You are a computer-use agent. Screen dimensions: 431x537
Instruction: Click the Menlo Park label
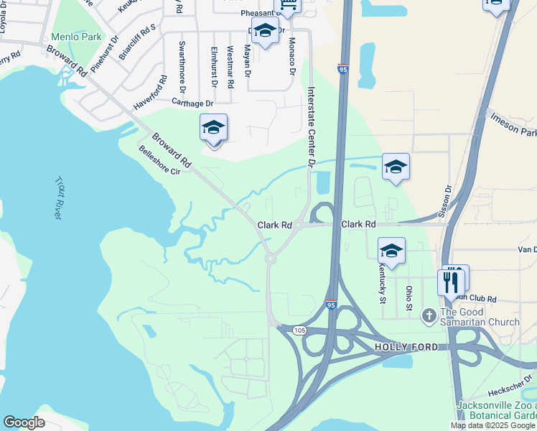[75, 37]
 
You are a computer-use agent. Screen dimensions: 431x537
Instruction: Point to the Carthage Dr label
[192, 103]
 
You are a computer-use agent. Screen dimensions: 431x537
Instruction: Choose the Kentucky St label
[382, 282]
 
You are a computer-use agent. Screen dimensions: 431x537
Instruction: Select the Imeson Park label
[513, 124]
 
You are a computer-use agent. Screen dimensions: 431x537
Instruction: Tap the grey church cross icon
[429, 315]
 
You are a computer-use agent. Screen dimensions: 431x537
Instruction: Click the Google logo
[24, 422]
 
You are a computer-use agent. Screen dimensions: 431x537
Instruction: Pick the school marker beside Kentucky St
[391, 251]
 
